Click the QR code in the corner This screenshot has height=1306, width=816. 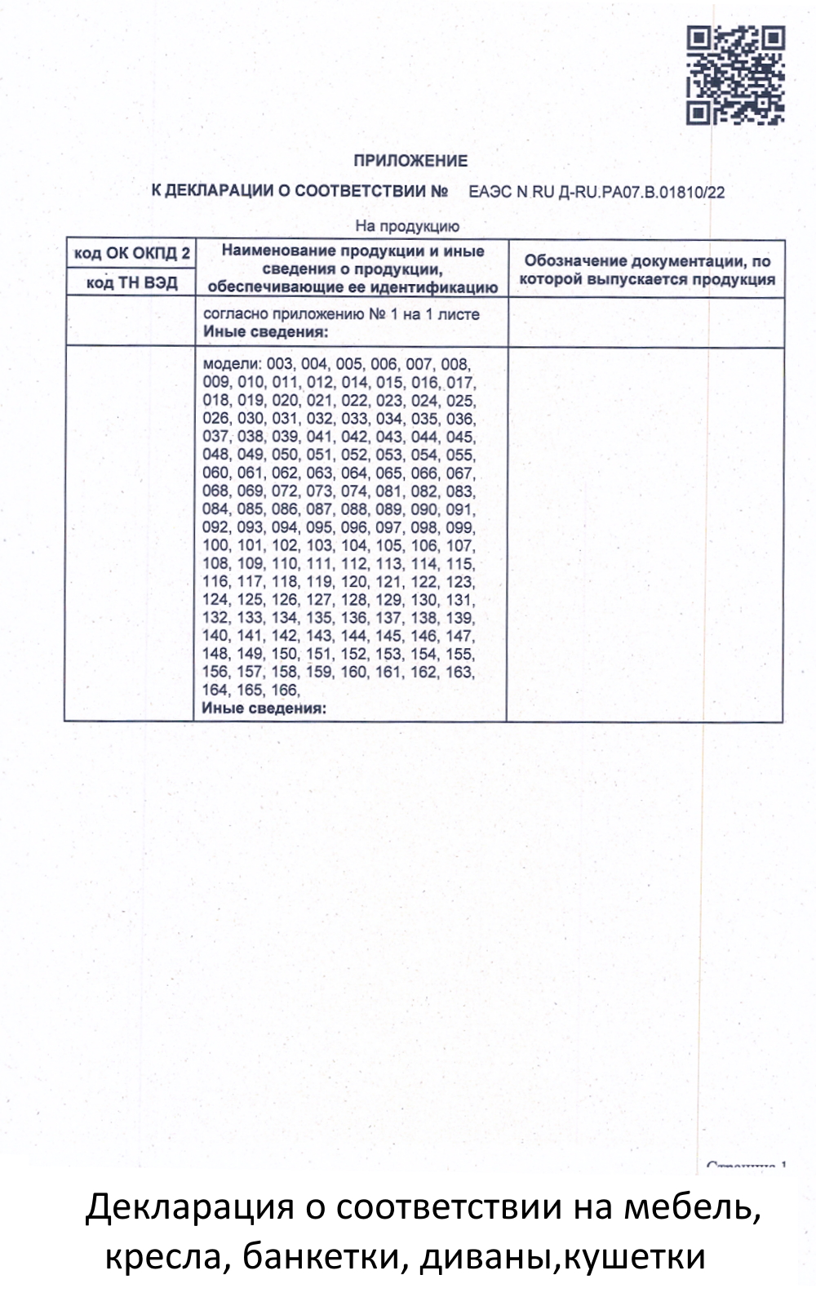735,75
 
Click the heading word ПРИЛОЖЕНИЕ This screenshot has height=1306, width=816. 410,161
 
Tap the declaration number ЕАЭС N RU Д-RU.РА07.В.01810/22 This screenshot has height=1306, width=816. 596,193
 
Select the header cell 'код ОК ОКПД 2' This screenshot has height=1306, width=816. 131,253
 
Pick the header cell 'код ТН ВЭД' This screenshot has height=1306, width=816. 131,283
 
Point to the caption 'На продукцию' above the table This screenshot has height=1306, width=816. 407,226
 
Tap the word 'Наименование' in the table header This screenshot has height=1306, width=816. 278,251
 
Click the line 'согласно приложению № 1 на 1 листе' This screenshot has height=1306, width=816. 341,314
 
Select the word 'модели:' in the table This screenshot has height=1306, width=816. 228,364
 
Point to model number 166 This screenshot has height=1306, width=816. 286,690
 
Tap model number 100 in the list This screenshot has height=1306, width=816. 216,545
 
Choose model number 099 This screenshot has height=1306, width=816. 460,527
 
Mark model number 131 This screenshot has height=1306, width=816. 460,599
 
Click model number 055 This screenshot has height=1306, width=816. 460,455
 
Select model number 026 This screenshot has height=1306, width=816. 216,419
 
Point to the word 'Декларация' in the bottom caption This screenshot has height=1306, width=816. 189,1206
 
